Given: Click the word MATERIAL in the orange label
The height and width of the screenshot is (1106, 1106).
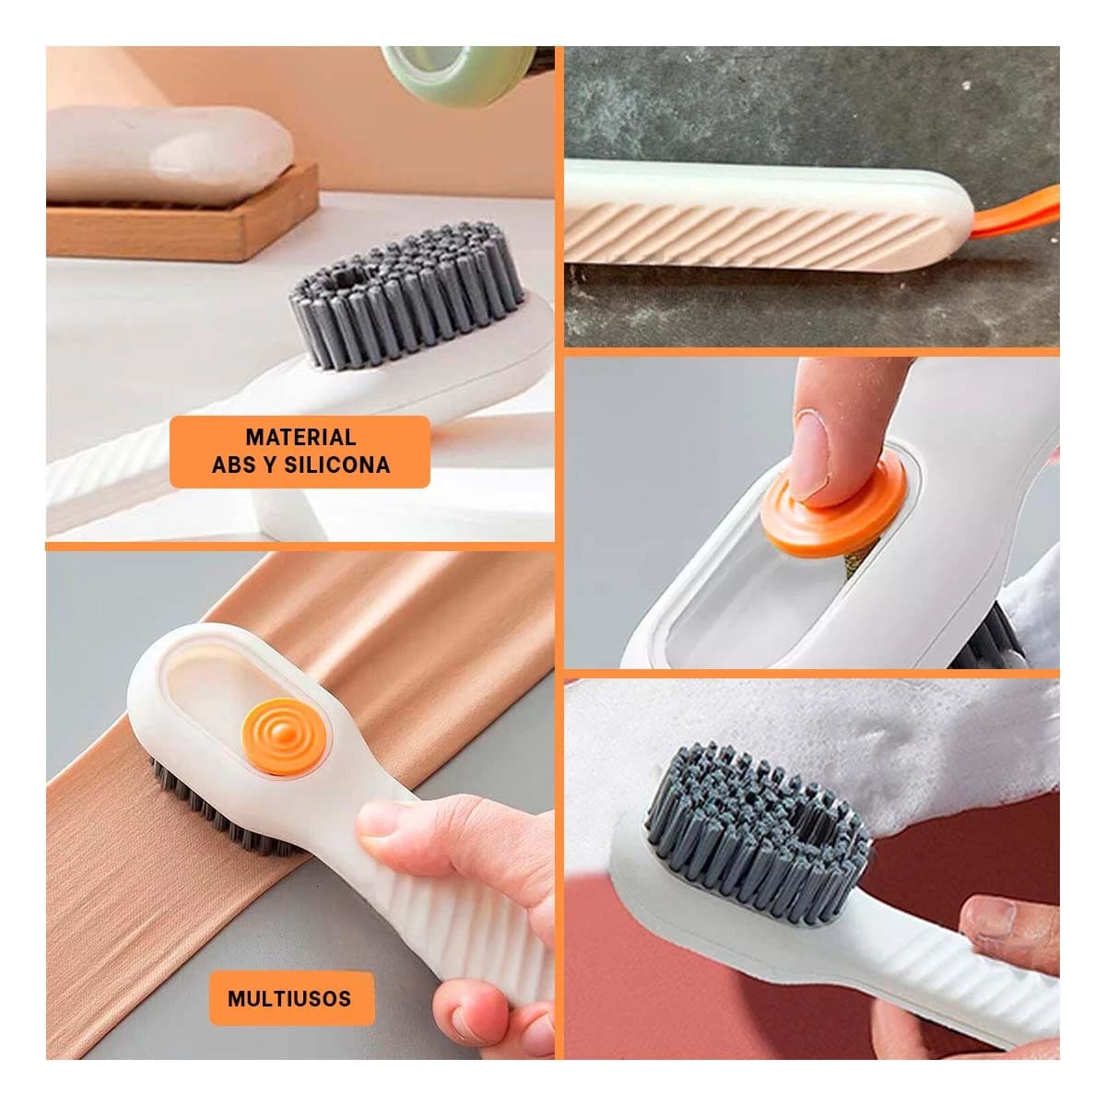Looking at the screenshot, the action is coord(300,438).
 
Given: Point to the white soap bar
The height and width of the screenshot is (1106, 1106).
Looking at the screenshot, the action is coord(170,154).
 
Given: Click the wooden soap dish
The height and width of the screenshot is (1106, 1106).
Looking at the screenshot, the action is coord(183,218).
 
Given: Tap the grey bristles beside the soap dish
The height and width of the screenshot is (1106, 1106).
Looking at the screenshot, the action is coord(406,296).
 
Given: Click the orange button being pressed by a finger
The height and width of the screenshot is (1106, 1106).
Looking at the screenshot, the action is coord(836,512).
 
